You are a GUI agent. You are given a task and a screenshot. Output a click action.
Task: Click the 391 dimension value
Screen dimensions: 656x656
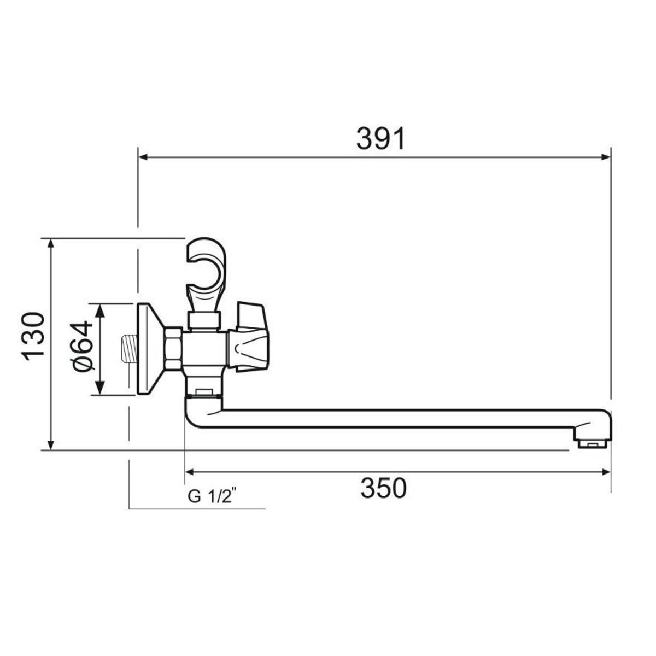pos(380,138)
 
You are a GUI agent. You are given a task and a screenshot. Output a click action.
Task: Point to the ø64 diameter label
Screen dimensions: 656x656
pos(83,345)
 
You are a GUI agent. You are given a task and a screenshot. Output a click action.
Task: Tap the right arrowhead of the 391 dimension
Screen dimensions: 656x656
pos(606,157)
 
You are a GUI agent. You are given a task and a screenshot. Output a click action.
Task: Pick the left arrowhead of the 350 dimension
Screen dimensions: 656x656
pos(189,472)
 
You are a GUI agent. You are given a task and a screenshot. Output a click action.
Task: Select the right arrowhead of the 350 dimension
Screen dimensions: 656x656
pos(606,472)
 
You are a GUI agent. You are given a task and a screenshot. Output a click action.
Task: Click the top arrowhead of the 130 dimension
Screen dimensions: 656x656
pos(50,243)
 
